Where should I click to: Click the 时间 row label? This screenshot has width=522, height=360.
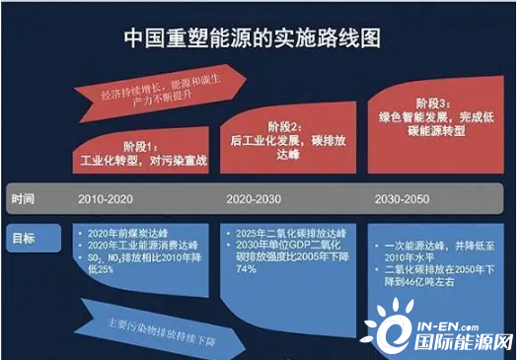[x=24, y=199]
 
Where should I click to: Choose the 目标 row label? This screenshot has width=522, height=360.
[x=24, y=238]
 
